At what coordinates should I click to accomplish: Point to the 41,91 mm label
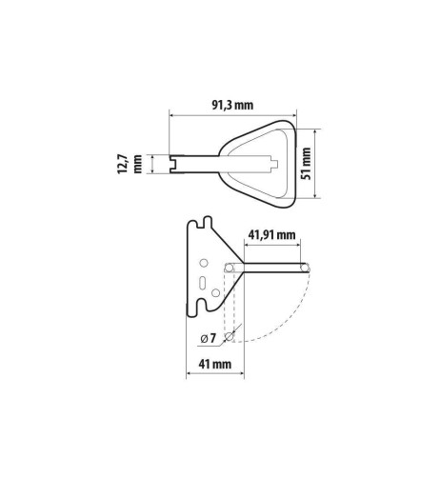[x=271, y=235]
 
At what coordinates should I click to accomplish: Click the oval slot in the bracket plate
[x=202, y=281]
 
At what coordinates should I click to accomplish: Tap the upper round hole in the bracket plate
[x=202, y=264]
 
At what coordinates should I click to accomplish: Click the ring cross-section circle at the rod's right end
[x=306, y=269]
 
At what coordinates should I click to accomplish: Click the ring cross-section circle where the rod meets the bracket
[x=230, y=269]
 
